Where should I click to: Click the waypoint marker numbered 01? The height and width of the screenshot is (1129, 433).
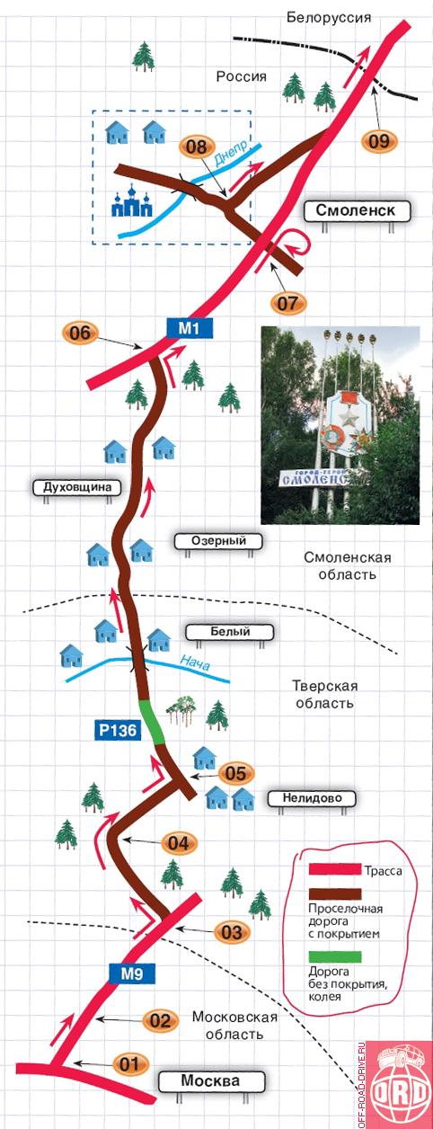pos(128,1064)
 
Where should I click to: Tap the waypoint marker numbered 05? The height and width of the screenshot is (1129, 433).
pos(235,773)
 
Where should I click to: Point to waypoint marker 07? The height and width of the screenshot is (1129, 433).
pos(287,303)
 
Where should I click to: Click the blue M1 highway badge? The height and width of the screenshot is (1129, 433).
pos(190,329)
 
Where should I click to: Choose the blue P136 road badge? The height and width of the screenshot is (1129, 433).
pos(118,729)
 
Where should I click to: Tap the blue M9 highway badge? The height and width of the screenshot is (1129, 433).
pos(132,973)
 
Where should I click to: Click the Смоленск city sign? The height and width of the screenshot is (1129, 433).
pos(356,210)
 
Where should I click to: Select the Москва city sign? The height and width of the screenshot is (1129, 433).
pos(211,1081)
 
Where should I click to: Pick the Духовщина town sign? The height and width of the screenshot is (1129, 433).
pos(78,488)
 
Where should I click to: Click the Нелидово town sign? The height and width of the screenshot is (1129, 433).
pos(312,798)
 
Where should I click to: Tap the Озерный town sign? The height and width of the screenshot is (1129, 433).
pos(218,541)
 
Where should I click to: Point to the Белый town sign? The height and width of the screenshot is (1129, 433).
pos(230,632)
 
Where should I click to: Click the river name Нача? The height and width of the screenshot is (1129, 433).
pos(194,662)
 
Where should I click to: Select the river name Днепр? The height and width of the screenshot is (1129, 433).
pos(232,153)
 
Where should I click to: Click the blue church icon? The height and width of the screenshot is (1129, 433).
pos(131,200)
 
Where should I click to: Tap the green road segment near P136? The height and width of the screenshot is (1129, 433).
pos(152,721)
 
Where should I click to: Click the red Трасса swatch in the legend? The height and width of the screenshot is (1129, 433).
pos(335,869)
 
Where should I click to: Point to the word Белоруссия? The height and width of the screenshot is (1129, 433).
pos(329,17)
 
